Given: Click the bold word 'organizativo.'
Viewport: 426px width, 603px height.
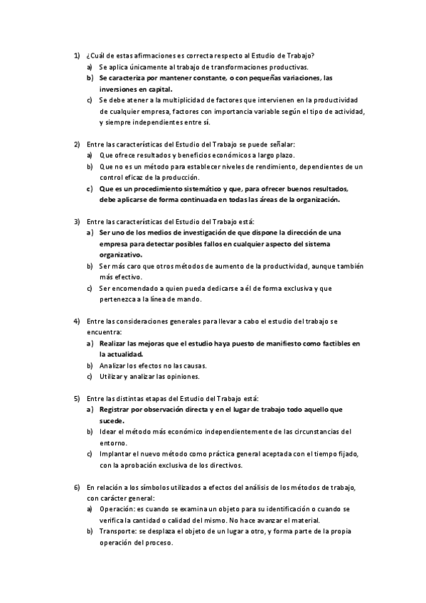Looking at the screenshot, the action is point(121,255).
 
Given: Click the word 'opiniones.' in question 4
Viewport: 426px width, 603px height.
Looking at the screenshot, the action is point(183,376).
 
